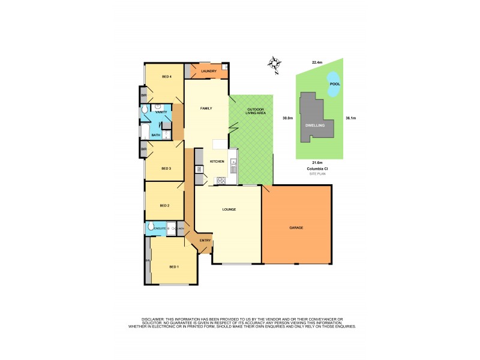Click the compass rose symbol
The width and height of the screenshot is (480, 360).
click(x=275, y=64)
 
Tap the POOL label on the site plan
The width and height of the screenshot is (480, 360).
click(x=335, y=84)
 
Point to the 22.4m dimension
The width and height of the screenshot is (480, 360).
click(x=317, y=62)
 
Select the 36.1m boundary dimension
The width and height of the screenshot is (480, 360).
click(x=351, y=118)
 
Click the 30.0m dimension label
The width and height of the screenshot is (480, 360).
click(x=288, y=118)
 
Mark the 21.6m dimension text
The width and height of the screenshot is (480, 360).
click(x=317, y=163)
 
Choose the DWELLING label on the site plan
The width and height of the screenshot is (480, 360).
click(x=315, y=125)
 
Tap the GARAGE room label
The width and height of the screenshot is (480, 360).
click(x=296, y=228)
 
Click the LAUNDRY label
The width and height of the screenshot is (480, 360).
click(x=208, y=72)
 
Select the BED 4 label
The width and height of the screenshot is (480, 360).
click(x=167, y=77)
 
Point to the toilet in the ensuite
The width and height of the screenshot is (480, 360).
click(x=150, y=228)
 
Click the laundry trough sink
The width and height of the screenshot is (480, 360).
click(x=224, y=67)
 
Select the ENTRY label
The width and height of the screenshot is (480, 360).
click(x=205, y=241)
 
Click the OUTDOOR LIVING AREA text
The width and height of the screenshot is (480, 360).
click(x=251, y=112)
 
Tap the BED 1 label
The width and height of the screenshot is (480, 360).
click(x=174, y=266)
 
